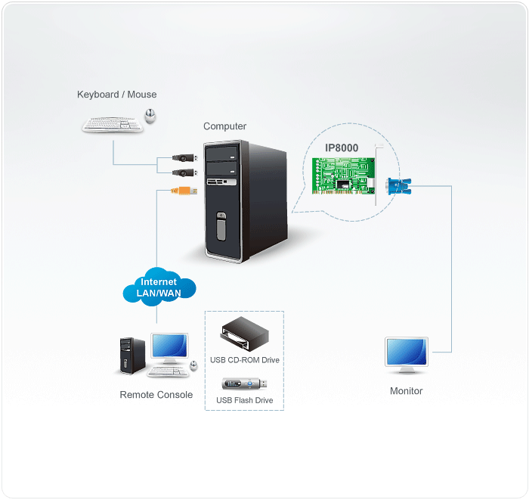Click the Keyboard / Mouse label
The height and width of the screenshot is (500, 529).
click(x=116, y=95)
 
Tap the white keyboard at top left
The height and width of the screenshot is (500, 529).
click(x=113, y=124)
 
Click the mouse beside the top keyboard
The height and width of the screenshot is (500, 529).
click(x=151, y=115)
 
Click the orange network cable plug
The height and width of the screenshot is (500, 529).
click(x=184, y=191)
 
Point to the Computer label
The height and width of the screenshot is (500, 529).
click(x=224, y=126)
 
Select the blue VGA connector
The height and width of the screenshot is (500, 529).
click(x=396, y=188)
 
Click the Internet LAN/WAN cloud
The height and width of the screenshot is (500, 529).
click(x=159, y=287)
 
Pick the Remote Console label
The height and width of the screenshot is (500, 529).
click(x=156, y=395)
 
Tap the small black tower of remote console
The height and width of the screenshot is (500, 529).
click(x=132, y=356)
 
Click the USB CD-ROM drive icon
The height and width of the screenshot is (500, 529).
click(x=243, y=335)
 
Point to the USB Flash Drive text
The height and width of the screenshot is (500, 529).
click(x=244, y=400)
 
